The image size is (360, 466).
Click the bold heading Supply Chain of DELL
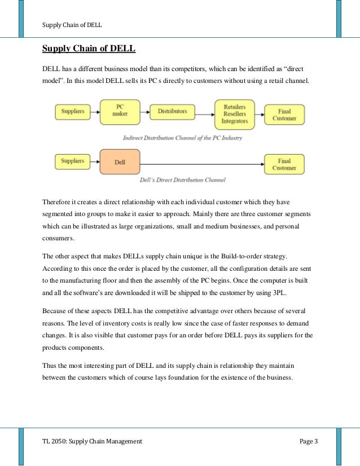(x=89, y=49)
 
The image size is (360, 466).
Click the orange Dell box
(x=120, y=162)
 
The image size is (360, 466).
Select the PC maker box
(x=120, y=111)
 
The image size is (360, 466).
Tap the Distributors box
(x=173, y=112)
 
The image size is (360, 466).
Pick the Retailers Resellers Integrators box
(x=235, y=115)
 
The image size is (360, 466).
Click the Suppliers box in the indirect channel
(x=72, y=112)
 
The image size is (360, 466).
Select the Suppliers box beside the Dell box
(x=72, y=161)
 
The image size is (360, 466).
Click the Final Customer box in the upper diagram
(x=284, y=115)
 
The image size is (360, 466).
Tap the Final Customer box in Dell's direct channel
(x=284, y=164)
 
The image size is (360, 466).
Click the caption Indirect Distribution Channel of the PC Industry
(x=183, y=138)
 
